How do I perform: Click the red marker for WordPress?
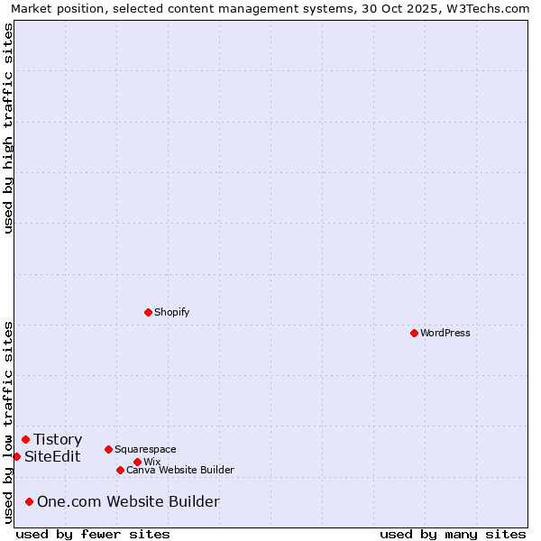[414, 333]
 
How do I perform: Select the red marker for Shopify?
[148, 312]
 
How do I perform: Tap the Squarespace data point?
[108, 449]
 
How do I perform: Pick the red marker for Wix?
[137, 462]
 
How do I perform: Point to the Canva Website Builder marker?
[120, 470]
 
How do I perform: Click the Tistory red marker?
[25, 439]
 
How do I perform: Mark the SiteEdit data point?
[16, 456]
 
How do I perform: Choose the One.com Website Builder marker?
[29, 501]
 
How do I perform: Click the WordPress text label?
[445, 333]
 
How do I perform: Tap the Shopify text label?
[171, 312]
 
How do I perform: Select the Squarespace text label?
[145, 449]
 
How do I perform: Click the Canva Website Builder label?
[180, 470]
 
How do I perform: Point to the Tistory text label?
[58, 439]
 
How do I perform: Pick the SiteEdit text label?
[52, 456]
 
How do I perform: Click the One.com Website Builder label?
[128, 501]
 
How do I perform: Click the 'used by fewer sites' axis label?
[93, 534]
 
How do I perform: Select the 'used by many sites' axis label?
[453, 534]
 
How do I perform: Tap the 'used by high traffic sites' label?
[8, 128]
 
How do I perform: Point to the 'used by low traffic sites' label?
[8, 422]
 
